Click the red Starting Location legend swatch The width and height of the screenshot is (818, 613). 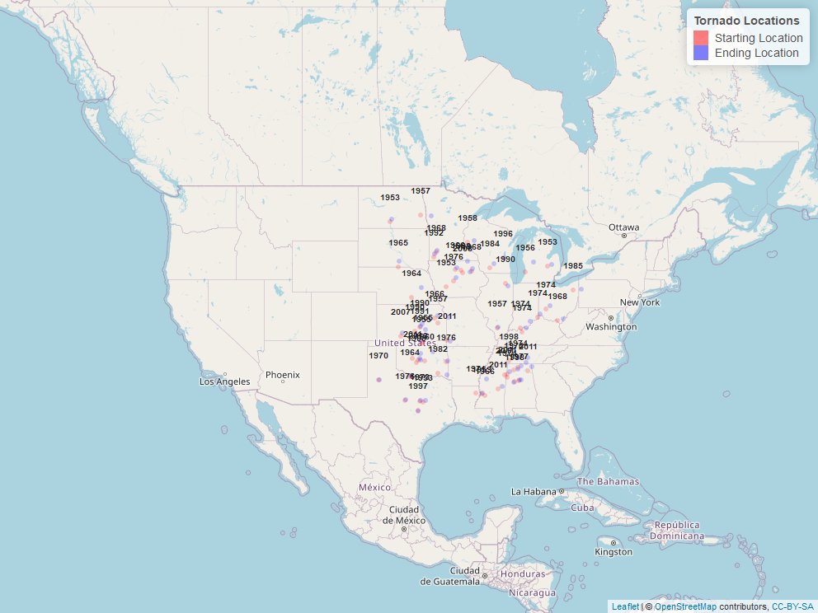pos(702,38)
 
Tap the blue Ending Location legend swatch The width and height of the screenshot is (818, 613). pos(702,53)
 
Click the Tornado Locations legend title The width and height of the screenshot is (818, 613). pos(746,21)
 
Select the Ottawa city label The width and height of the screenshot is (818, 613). pos(623,227)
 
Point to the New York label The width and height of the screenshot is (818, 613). pos(640,302)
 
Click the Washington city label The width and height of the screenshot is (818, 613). pos(612,327)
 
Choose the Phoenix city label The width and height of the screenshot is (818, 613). pos(283,376)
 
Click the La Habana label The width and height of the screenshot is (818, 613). pos(534,492)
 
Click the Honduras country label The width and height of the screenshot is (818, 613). pos(523,574)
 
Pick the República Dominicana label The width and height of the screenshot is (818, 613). pos(679,530)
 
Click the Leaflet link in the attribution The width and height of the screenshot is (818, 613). pos(624,607)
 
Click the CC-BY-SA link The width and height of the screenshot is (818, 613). pos(792,607)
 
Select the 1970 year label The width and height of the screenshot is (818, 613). pos(378,356)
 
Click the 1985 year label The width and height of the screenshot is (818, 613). pos(573,266)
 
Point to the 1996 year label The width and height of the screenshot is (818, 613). pos(503,234)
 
